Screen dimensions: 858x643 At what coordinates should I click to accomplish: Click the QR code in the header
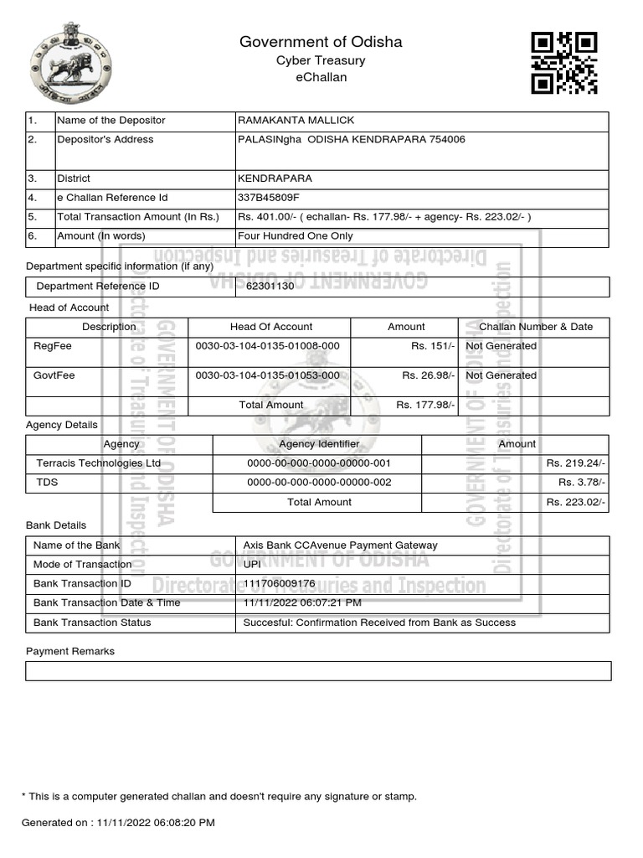pyautogui.click(x=565, y=63)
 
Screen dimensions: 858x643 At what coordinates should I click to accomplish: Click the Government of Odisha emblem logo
pyautogui.click(x=70, y=63)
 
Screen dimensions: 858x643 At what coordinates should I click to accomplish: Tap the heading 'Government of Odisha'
pyautogui.click(x=321, y=42)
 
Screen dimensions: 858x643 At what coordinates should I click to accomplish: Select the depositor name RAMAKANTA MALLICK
pyautogui.click(x=291, y=121)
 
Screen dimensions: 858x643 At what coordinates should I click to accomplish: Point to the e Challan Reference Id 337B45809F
pyautogui.click(x=269, y=198)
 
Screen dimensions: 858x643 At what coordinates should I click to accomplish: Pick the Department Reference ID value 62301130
pyautogui.click(x=270, y=287)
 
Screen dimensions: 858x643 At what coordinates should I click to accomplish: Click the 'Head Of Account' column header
pyautogui.click(x=270, y=327)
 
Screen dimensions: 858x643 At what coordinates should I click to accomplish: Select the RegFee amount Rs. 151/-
pyautogui.click(x=433, y=346)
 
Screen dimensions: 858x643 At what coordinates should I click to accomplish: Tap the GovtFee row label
pyautogui.click(x=54, y=375)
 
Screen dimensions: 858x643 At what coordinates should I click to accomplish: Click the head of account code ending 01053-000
pyautogui.click(x=267, y=375)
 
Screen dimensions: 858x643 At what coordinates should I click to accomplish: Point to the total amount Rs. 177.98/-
pyautogui.click(x=425, y=405)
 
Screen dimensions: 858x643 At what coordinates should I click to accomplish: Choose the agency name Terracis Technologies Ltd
pyautogui.click(x=98, y=463)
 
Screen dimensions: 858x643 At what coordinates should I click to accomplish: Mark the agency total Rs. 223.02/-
pyautogui.click(x=576, y=503)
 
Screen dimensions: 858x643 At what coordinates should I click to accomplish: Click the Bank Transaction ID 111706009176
pyautogui.click(x=279, y=583)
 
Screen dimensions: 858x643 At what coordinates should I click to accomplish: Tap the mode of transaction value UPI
pyautogui.click(x=251, y=565)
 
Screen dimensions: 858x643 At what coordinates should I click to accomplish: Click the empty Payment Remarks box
pyautogui.click(x=318, y=671)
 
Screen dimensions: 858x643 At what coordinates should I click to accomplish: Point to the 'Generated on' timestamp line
pyautogui.click(x=118, y=823)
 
